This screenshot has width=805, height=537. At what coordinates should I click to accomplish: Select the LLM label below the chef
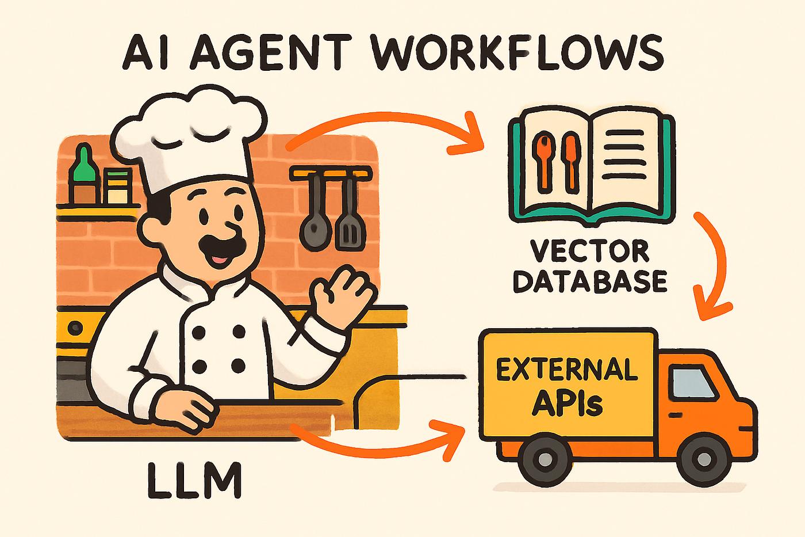(194, 480)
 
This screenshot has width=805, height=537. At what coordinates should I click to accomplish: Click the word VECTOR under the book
(590, 252)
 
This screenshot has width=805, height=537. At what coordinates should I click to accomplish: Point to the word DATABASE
(590, 281)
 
